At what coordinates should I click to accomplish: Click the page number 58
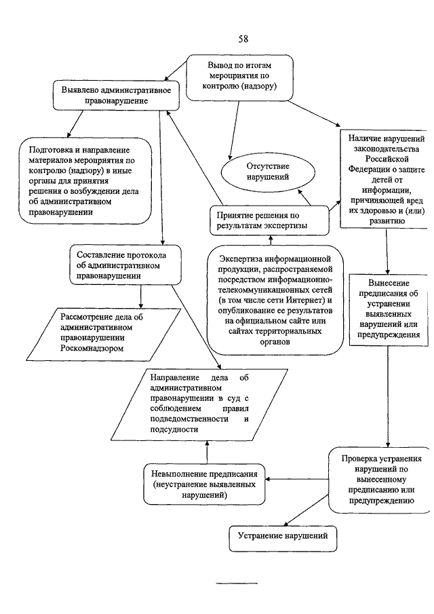243,39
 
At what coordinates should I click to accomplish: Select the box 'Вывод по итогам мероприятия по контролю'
239,77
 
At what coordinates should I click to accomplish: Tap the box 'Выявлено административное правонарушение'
116,96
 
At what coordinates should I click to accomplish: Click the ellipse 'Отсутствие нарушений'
268,172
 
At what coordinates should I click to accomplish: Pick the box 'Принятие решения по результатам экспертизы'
270,220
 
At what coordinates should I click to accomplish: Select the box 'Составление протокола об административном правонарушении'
125,265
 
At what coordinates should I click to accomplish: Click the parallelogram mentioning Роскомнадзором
104,334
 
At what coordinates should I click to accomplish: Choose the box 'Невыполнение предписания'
204,484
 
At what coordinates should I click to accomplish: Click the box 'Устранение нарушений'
283,539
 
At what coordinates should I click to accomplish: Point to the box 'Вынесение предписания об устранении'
388,309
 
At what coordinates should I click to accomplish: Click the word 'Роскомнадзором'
92,348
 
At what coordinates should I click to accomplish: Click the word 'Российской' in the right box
387,159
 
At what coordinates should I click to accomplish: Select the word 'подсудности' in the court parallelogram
174,429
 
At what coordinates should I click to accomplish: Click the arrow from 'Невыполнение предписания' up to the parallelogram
207,451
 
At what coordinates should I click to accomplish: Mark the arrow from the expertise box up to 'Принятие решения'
270,240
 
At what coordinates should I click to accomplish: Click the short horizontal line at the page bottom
237,583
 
